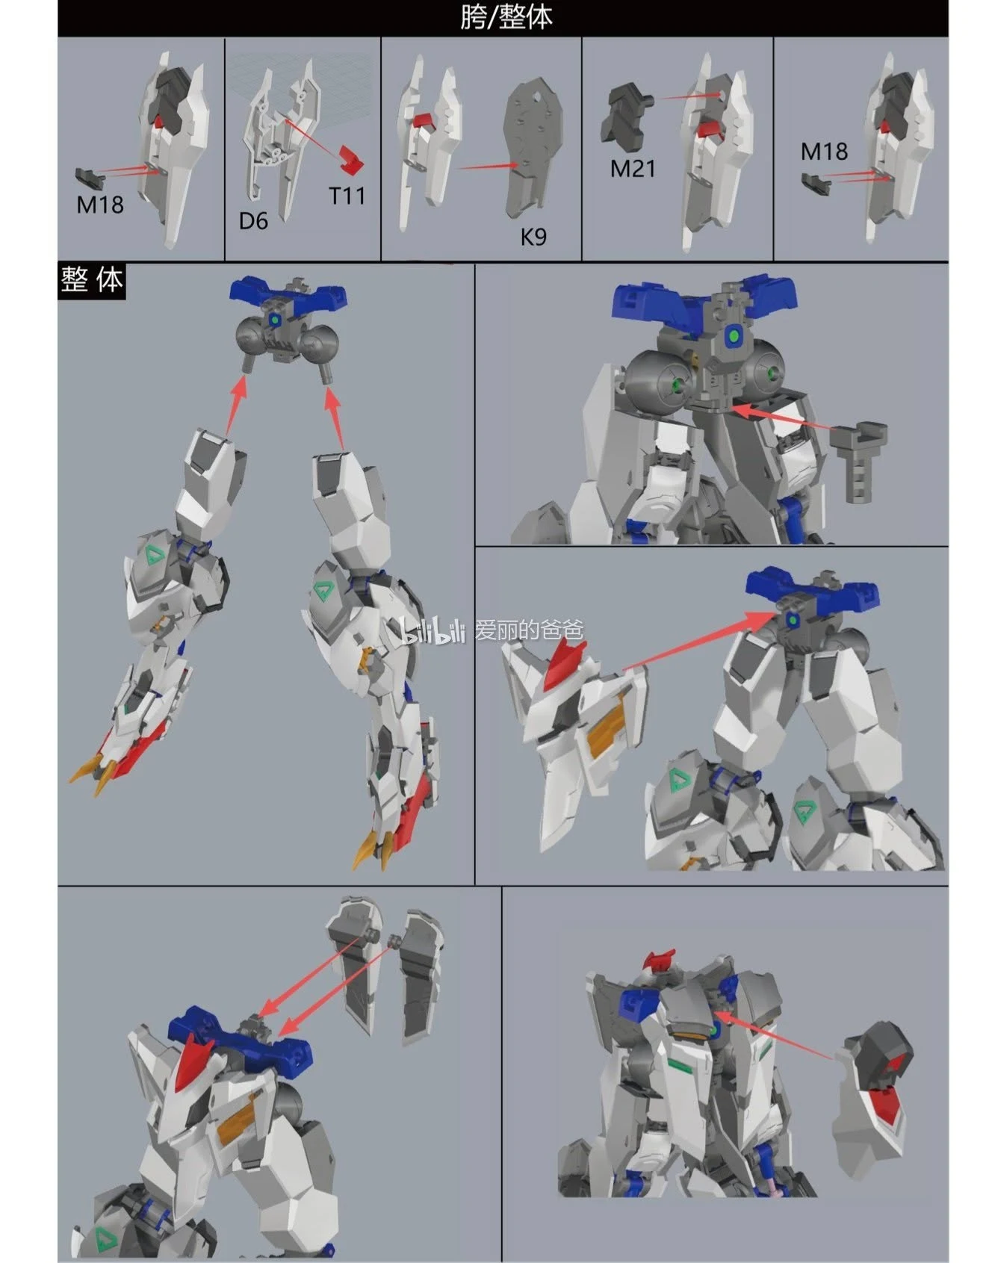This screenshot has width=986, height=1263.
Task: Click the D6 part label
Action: (253, 221)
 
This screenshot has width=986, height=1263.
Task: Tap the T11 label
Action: (347, 196)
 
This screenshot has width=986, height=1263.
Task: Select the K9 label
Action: (533, 237)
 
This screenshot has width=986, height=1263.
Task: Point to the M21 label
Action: (633, 169)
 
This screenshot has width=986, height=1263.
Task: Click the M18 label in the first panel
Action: (100, 204)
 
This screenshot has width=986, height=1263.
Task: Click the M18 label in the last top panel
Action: (824, 152)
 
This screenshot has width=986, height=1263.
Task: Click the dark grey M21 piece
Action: (626, 114)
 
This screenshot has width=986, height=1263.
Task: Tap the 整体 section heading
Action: (92, 281)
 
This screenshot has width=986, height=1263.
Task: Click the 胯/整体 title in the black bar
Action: (506, 17)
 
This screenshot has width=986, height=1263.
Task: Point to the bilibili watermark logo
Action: (435, 631)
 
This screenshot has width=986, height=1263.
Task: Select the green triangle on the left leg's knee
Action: (155, 555)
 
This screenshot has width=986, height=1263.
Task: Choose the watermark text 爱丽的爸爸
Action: (529, 630)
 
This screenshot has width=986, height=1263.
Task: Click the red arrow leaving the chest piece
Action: (774, 1035)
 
